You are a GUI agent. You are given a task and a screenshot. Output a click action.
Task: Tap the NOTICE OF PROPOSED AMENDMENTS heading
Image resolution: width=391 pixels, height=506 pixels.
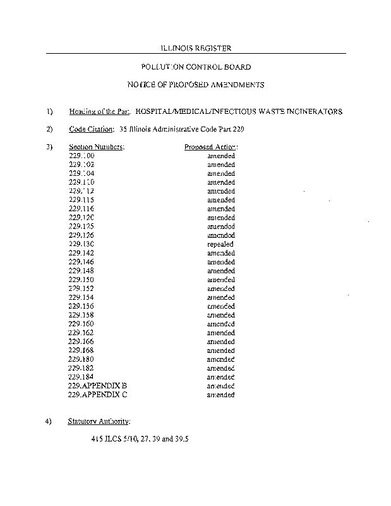tap(196, 84)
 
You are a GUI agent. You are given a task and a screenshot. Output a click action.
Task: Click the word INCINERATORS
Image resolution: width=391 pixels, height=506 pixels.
tap(311, 111)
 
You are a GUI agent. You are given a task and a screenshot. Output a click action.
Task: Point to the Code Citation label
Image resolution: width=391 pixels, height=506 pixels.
tap(91, 129)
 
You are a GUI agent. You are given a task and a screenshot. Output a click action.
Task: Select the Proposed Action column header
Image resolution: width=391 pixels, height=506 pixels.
tap(210, 147)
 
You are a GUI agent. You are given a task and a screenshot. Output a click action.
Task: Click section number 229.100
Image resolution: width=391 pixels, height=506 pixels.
tap(81, 156)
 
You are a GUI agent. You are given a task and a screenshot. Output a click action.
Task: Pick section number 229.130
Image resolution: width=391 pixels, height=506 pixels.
tap(81, 244)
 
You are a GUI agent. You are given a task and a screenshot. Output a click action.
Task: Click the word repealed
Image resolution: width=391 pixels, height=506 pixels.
tap(220, 244)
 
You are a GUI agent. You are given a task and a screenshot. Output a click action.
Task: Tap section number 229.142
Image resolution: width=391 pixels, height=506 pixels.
tap(81, 253)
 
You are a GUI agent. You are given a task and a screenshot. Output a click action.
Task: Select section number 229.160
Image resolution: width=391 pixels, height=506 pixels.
tap(81, 324)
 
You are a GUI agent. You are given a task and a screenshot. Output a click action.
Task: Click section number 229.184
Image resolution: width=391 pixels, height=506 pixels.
tap(81, 377)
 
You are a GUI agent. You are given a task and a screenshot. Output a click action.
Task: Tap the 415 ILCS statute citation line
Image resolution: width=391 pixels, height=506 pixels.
tap(140, 438)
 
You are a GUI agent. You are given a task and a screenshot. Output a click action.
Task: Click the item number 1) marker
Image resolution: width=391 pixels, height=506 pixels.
tap(50, 111)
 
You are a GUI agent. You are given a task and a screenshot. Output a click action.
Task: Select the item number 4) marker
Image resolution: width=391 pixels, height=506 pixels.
tap(50, 421)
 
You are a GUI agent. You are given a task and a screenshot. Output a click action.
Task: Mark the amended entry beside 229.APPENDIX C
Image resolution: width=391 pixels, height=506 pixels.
tap(220, 395)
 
